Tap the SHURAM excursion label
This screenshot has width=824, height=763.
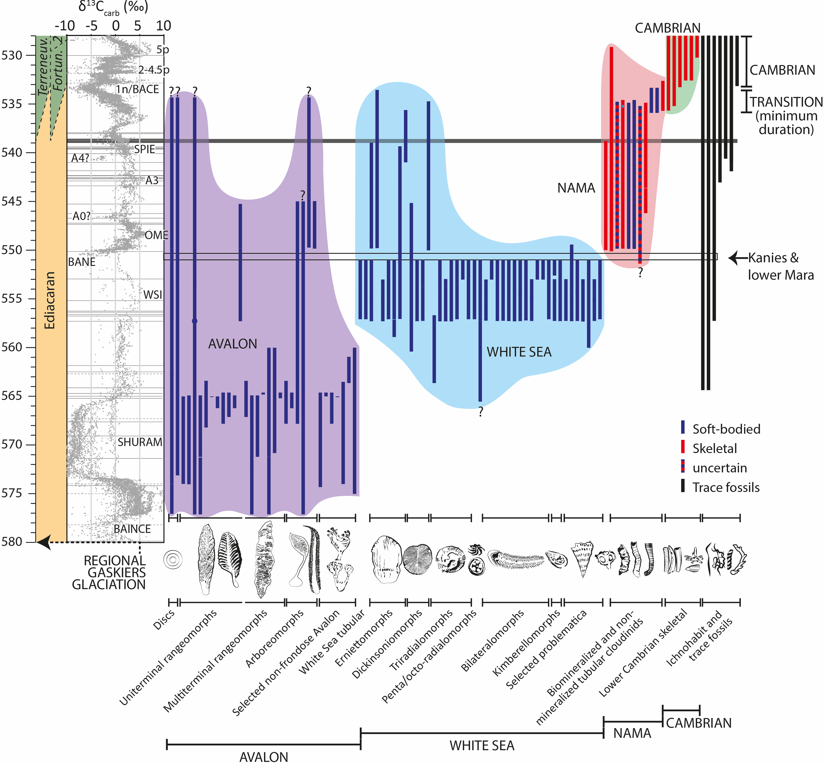coord(140,442)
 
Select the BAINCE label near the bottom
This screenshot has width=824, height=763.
coord(132,529)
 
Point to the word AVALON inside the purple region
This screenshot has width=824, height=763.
coord(233,344)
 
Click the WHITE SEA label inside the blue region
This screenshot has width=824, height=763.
coord(519,352)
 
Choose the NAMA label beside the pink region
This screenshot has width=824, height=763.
coord(576,188)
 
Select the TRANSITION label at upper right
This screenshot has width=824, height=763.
coord(786,102)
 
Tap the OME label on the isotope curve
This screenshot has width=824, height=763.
coord(156,235)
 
